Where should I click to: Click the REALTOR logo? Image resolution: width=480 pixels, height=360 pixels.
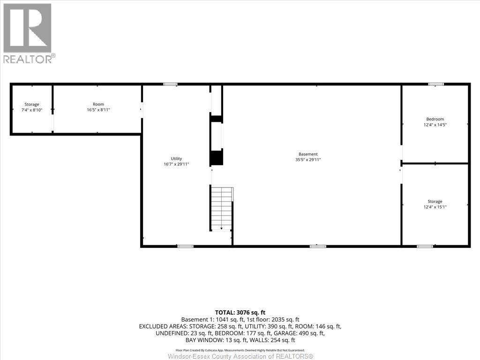coord(28,33)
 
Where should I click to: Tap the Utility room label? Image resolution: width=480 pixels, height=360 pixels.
coord(176,158)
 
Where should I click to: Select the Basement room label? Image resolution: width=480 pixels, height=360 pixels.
coord(308,154)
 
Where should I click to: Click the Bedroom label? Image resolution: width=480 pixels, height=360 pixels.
coord(435,119)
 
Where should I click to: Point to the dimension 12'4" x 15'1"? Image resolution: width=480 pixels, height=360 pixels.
coord(435,207)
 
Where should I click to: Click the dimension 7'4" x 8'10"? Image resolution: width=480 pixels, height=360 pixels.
coord(32,110)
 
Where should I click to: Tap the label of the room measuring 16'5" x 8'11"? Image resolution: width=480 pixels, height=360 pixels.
coord(98,104)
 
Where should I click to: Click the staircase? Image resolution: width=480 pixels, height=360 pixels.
coord(221,208)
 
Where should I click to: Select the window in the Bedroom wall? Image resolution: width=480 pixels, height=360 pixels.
coord(436,84)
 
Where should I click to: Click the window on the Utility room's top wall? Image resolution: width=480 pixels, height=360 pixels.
coord(170,84)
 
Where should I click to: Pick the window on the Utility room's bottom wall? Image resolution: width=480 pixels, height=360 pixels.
coord(186,246)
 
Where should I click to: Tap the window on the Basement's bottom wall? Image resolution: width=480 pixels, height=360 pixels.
coord(318,246)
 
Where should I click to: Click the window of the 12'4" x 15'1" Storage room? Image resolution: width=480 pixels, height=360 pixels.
coord(425,246)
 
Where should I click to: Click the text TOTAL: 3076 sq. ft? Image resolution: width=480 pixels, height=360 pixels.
coord(240,312)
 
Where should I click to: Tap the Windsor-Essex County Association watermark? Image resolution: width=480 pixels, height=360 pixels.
coord(240,356)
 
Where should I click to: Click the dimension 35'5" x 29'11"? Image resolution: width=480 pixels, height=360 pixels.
coord(308,160)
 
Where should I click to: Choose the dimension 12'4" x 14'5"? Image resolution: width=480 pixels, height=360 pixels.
coord(435,125)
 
